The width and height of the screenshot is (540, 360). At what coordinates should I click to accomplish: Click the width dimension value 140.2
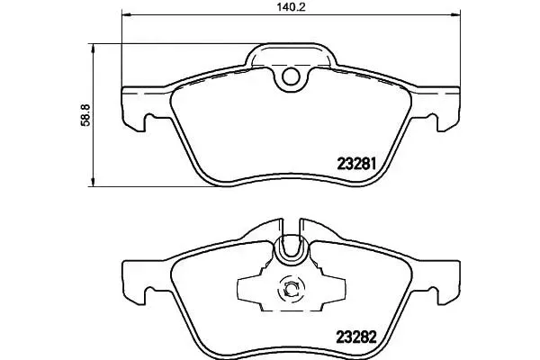point(291,7)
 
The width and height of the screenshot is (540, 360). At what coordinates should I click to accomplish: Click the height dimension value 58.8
point(85,115)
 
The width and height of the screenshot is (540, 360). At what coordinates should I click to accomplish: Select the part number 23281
point(356,164)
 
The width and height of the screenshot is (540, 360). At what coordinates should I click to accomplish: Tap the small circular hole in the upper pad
point(291,76)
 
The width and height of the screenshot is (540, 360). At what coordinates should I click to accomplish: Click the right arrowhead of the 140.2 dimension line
point(455,14)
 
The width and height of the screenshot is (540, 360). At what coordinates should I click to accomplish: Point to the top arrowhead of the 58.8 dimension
point(93,49)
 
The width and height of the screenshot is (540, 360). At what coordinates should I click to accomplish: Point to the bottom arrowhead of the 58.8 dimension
point(93,182)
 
